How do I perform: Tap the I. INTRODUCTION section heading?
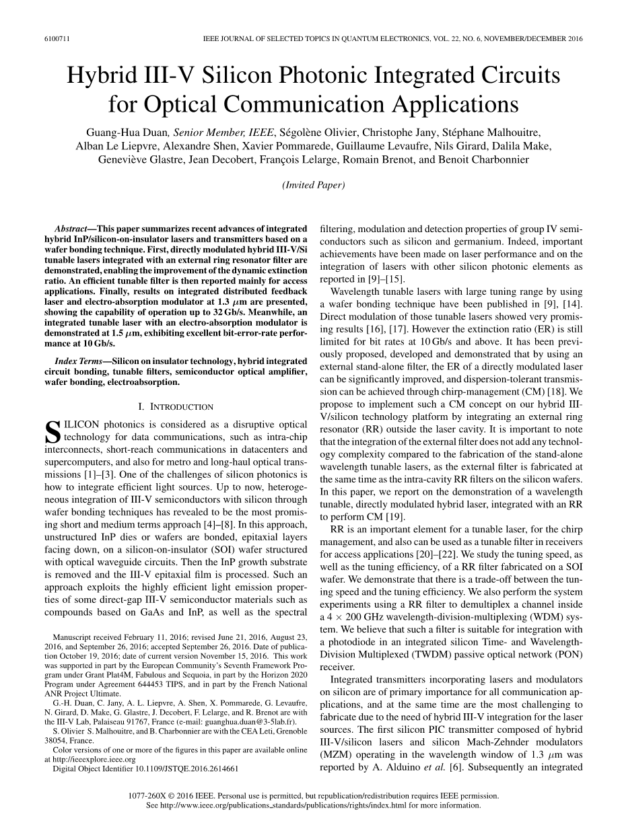[175, 406]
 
